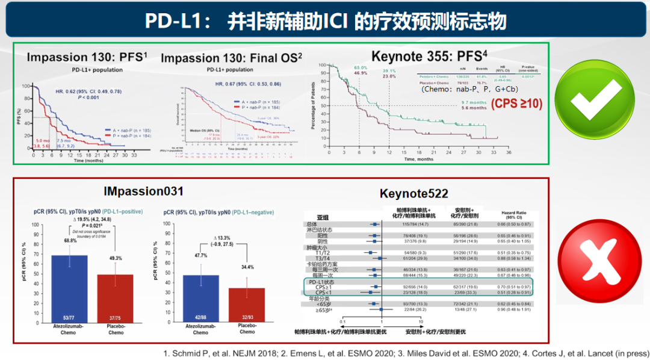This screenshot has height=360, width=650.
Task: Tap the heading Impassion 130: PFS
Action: (x=87, y=58)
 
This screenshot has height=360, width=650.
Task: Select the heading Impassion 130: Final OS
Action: (x=231, y=58)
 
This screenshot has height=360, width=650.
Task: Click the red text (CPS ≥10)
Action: (x=516, y=104)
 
